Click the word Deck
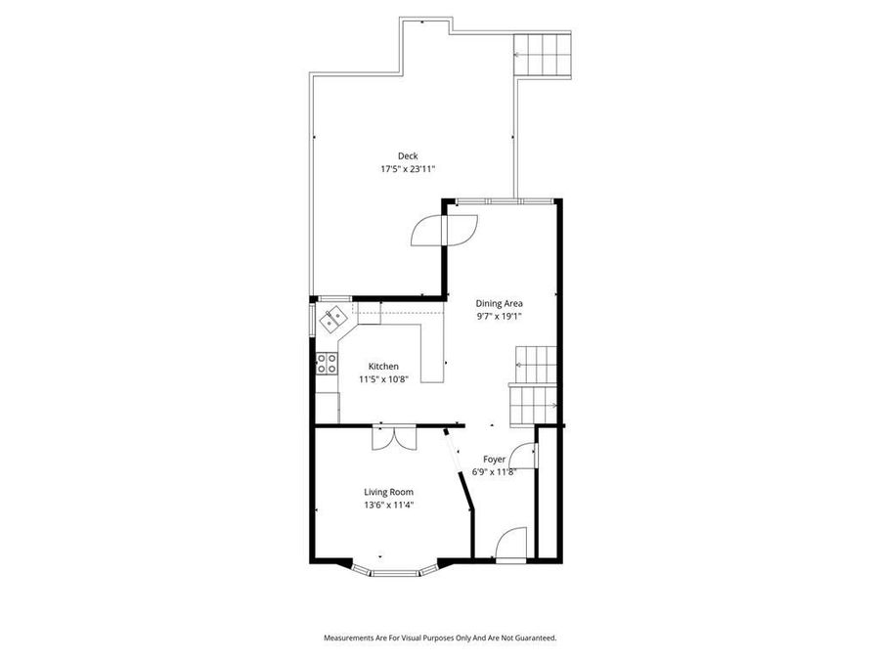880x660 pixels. [407, 156]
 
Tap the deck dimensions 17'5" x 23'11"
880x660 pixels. [407, 169]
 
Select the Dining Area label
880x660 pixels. [499, 303]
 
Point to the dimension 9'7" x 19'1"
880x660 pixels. [499, 316]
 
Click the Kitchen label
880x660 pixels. [355, 366]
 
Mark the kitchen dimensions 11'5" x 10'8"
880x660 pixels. [355, 378]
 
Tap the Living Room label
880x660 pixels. [388, 492]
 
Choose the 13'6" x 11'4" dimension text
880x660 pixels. [388, 505]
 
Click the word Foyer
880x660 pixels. [494, 459]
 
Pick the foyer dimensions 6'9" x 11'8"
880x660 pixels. [494, 471]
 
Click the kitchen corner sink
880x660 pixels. [333, 317]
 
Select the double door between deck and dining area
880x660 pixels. [443, 229]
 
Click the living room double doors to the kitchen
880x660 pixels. [395, 437]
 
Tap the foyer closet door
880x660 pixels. [526, 458]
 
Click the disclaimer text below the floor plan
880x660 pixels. [440, 638]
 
